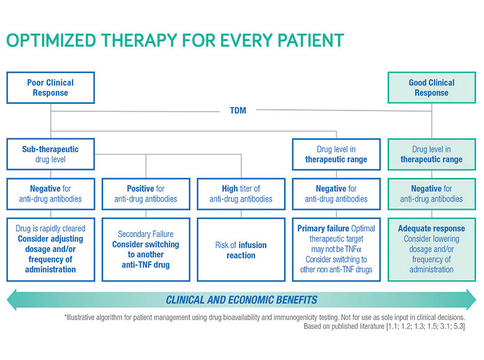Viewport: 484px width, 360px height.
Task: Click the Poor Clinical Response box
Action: coord(51,88)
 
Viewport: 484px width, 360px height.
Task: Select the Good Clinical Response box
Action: coord(431,88)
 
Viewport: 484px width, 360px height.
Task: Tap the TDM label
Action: coord(238,110)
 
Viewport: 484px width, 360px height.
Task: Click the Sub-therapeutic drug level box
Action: coord(51,154)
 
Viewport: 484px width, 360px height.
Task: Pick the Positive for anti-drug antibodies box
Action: coord(146,194)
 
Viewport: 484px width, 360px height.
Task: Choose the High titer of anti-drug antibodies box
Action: coord(241,194)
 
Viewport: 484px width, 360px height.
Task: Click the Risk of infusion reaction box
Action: coord(241,250)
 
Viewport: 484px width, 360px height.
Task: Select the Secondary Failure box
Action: coord(146,250)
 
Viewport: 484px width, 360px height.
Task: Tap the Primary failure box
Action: coord(336,250)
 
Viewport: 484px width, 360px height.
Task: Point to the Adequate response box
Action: coord(431,250)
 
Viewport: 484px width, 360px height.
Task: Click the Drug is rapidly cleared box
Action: coord(51,250)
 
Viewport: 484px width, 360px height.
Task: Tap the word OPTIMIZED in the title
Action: coord(52,40)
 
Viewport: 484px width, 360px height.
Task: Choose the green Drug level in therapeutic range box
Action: coord(431,154)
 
